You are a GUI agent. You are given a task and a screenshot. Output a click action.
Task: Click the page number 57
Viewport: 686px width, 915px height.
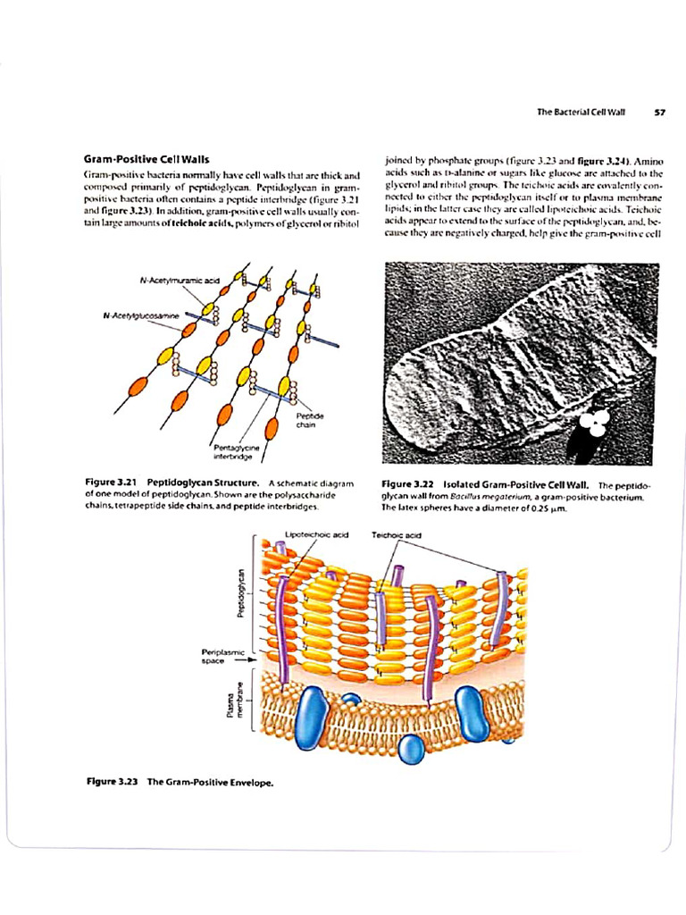pyautogui.click(x=660, y=112)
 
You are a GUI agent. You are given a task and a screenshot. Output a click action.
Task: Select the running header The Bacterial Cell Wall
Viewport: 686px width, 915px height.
pyautogui.click(x=580, y=112)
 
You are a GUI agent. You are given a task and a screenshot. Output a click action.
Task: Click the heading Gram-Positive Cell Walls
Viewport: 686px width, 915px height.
pyautogui.click(x=146, y=158)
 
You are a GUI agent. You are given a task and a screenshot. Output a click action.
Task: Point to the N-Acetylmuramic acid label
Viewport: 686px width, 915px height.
pyautogui.click(x=180, y=280)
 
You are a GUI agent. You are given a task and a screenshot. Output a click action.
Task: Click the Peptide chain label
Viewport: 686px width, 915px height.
pyautogui.click(x=310, y=420)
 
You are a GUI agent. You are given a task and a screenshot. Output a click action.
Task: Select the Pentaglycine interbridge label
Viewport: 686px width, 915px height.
pyautogui.click(x=233, y=451)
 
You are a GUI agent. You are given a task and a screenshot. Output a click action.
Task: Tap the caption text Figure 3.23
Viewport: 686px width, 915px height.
pyautogui.click(x=112, y=782)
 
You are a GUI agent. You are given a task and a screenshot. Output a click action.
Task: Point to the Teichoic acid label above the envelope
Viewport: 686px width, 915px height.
pyautogui.click(x=396, y=534)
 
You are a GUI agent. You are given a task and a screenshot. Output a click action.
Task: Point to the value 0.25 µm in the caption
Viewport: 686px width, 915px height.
pyautogui.click(x=549, y=508)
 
